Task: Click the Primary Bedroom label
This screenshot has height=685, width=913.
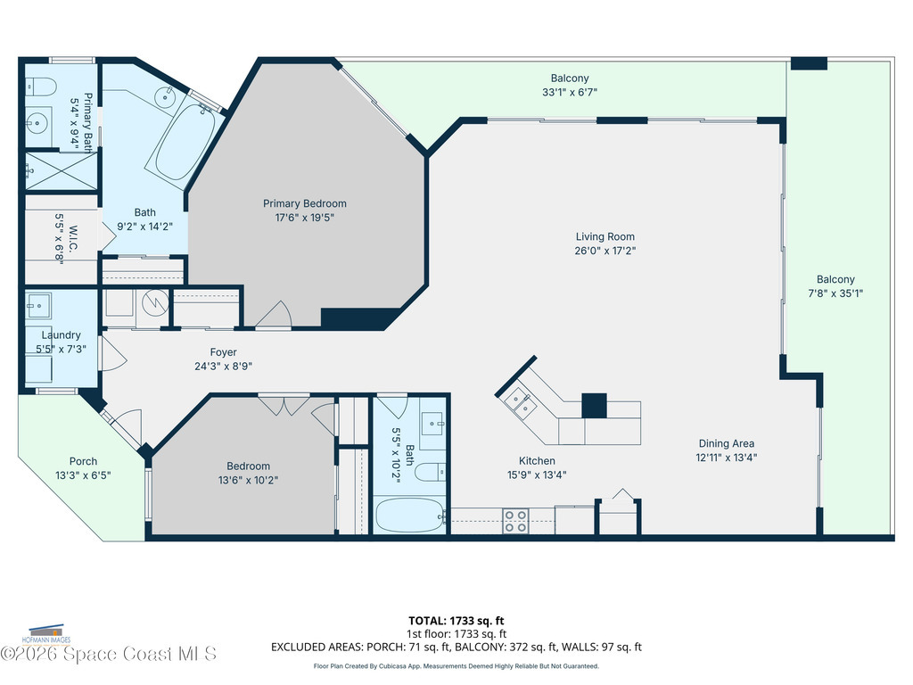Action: point(305,203)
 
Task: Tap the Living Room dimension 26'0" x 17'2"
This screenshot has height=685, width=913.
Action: point(605,251)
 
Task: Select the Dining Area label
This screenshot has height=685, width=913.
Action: point(726,443)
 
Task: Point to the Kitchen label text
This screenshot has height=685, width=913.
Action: point(537,461)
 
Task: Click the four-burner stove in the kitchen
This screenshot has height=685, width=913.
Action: point(516,521)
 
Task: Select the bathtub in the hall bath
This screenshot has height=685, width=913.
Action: point(408,515)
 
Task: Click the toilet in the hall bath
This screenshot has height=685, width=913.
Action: point(431,472)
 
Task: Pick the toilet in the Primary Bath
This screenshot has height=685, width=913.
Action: point(40,88)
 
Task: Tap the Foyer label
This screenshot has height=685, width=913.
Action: point(223,352)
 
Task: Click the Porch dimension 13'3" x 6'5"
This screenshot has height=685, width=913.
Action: point(83,475)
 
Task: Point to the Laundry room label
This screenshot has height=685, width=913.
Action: point(62,335)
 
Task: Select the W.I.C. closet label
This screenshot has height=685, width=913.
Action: point(73,239)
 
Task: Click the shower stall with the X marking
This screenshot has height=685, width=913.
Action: point(62,170)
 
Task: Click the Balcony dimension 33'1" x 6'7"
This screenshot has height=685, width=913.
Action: point(570,92)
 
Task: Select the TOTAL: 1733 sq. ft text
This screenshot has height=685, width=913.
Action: point(456,621)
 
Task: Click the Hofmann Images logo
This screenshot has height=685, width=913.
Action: point(46,634)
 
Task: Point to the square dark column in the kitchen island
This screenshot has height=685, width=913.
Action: point(594,406)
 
